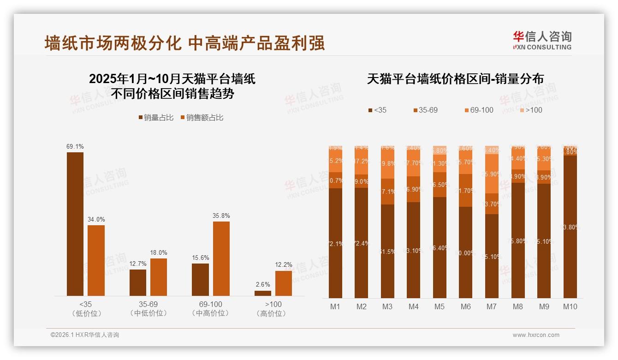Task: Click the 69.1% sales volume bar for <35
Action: pos(75,224)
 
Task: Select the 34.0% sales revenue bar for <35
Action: pos(96,260)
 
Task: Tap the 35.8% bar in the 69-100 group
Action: pos(221,258)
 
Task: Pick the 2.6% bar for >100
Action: pos(263,293)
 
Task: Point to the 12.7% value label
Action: pos(138,264)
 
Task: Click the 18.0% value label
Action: pos(159,252)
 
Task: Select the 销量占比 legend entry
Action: pos(156,118)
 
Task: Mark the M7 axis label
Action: pos(492,306)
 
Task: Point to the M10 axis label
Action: pos(570,306)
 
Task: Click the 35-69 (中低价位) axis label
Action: pos(149,309)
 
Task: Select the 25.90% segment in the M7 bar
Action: pos(492,174)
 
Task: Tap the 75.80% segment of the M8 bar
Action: pos(518,240)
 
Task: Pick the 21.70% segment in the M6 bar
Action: pos(466,190)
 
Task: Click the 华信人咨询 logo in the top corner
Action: pos(542,40)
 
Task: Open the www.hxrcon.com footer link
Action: pos(536,335)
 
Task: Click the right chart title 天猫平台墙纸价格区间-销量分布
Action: pos(455,79)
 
